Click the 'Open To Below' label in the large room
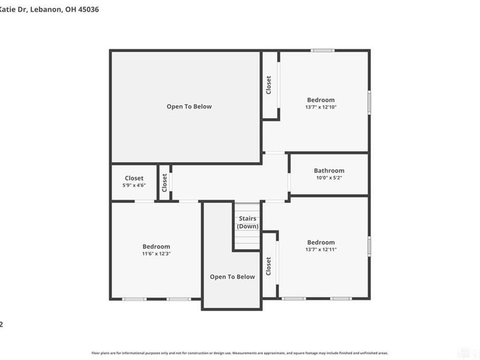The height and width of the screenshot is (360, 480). pos(189,107)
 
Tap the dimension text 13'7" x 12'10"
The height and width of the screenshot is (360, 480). pos(320,107)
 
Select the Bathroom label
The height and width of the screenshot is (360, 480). pos(329,171)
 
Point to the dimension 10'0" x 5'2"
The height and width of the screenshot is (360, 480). pos(329,178)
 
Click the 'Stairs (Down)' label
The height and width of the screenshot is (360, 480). pos(247,223)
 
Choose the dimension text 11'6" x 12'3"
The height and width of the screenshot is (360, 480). pos(156,254)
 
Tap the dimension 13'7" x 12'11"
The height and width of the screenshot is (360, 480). pos(320,250)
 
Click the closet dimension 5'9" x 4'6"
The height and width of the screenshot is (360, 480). pos(134,185)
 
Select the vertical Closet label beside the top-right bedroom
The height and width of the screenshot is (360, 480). pos(269,85)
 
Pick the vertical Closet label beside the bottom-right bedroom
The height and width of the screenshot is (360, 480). pos(268,266)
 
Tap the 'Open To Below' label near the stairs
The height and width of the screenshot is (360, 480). pos(232,277)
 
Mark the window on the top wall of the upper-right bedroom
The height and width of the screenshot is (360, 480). pos(322,50)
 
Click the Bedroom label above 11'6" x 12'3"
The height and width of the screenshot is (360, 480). pos(156,247)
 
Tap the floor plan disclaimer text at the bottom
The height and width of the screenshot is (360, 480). pos(239,353)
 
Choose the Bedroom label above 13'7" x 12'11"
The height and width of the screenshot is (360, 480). pos(320,242)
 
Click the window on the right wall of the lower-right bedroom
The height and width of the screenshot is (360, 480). pos(369,246)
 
